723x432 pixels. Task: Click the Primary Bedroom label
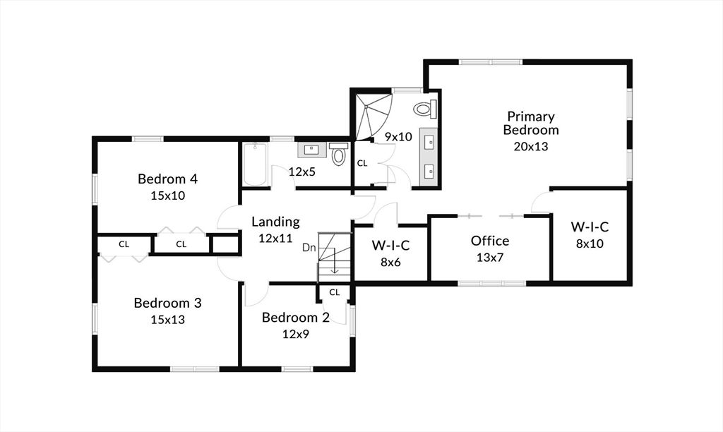[531, 123]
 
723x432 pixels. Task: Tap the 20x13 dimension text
[531, 147]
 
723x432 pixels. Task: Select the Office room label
[490, 241]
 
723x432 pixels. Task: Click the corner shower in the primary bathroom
[374, 116]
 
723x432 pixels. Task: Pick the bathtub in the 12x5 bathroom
[255, 164]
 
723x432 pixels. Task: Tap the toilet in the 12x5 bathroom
[339, 154]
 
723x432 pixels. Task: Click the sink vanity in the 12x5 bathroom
[311, 150]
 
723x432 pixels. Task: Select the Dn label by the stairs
[309, 248]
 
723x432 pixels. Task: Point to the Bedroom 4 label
[168, 179]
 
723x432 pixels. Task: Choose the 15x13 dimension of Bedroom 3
[168, 320]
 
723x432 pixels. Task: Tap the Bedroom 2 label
[296, 317]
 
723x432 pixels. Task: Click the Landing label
[276, 222]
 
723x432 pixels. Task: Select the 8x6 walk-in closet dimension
[390, 263]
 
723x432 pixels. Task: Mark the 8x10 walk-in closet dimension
[590, 244]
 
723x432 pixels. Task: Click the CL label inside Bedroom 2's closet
[334, 292]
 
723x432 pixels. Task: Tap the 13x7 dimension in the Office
[490, 258]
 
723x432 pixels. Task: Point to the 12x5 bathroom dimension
[302, 172]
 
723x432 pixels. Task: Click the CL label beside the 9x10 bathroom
[362, 163]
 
